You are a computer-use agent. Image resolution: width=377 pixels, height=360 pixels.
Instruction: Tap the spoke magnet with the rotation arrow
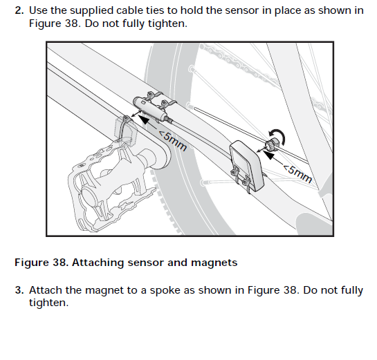[272, 144]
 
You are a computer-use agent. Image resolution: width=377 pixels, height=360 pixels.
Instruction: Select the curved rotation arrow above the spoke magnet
[279, 135]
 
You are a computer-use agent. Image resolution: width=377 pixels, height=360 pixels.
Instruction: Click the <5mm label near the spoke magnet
[297, 173]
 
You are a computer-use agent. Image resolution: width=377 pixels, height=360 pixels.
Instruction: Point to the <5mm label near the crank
[172, 141]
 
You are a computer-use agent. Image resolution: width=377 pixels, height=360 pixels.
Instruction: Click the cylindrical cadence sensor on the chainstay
[149, 108]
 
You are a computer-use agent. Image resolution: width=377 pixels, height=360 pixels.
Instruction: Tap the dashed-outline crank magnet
[126, 131]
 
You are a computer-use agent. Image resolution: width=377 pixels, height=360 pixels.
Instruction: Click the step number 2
[19, 10]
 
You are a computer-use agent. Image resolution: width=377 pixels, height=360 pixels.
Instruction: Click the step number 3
[19, 290]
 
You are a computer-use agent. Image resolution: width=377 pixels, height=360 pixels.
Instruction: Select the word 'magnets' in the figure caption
[214, 263]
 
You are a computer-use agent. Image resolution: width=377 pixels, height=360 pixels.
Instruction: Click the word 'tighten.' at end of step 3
[49, 303]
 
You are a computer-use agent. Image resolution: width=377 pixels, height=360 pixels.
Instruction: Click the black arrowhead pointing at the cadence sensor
[145, 120]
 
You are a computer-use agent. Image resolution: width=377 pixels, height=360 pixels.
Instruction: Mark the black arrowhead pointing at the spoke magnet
[268, 154]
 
